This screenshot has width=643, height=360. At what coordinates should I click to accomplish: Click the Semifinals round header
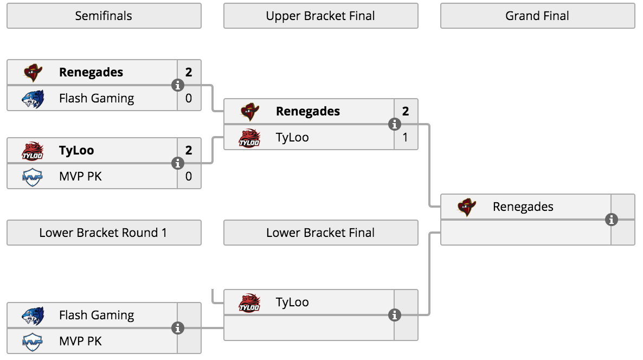tap(104, 16)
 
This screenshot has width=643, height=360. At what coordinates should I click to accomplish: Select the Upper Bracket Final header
tap(320, 16)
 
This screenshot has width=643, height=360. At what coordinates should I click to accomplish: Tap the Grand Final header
tap(538, 16)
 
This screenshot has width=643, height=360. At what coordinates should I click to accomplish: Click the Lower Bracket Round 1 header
tap(104, 233)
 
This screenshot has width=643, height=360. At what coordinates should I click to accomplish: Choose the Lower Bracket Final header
tap(320, 233)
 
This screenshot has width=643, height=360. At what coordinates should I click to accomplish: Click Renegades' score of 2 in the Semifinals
tap(189, 72)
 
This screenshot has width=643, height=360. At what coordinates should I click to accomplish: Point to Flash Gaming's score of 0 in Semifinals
tap(189, 99)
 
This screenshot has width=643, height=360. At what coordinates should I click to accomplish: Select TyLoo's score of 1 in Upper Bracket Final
tap(405, 137)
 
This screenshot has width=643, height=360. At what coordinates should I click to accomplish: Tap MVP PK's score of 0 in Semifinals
tap(189, 176)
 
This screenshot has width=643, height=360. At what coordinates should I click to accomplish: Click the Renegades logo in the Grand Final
tap(467, 207)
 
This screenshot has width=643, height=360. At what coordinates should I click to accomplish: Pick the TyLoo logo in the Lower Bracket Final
tap(249, 303)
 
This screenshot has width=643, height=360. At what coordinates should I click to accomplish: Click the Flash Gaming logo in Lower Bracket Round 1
tap(33, 316)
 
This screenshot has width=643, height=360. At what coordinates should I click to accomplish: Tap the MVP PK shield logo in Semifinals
tap(33, 177)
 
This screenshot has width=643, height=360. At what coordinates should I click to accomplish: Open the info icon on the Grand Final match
tap(612, 220)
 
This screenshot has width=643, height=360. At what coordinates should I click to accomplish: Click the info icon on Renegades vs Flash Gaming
tap(178, 85)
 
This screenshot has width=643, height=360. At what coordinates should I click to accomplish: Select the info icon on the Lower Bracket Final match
tap(395, 315)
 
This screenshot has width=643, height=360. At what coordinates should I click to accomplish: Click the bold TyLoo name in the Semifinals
tap(76, 151)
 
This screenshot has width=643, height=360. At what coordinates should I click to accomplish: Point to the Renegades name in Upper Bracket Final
tap(308, 111)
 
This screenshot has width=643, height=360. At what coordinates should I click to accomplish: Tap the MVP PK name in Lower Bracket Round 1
tap(80, 341)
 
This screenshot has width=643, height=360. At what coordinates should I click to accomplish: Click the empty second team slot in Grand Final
tap(526, 233)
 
